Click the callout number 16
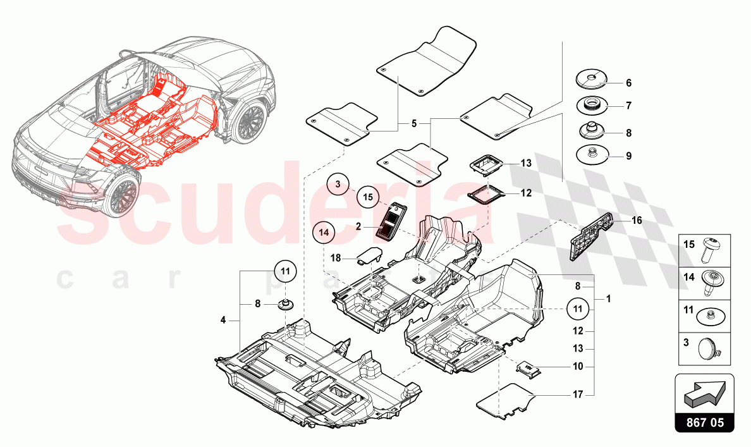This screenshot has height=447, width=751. click(637, 221)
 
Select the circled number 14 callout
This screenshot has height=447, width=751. click(324, 233)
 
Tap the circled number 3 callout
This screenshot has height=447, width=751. click(338, 185)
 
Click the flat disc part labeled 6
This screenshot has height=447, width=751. click(592, 81)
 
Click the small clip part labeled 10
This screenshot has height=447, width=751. click(529, 369)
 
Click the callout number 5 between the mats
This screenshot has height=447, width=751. click(413, 124)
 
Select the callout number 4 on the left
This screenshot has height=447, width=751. click(223, 321)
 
